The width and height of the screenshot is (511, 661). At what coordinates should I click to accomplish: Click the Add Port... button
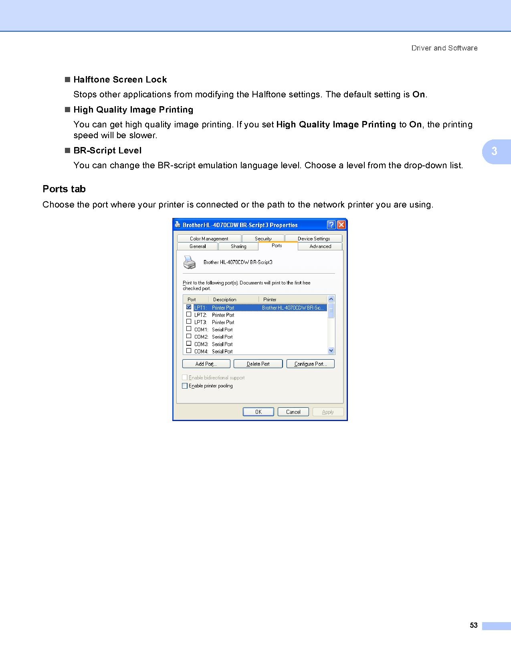click(x=206, y=364)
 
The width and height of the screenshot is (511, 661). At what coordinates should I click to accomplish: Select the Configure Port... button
click(x=310, y=364)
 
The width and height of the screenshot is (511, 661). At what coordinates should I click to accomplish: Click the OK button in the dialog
click(x=258, y=412)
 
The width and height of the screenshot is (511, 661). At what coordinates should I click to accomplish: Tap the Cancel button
click(x=293, y=412)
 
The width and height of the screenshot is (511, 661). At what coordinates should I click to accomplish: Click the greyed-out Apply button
click(x=327, y=412)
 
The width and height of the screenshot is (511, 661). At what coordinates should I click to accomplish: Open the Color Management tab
click(x=209, y=238)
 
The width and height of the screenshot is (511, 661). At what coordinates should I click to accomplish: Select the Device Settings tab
click(x=313, y=238)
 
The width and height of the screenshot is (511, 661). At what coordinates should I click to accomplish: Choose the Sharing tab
click(x=238, y=246)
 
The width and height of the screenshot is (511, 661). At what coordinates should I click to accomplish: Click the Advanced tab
click(x=320, y=246)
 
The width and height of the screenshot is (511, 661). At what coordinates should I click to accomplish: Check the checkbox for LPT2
click(x=189, y=314)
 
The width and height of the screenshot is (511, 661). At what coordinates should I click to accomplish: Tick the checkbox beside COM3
click(x=189, y=343)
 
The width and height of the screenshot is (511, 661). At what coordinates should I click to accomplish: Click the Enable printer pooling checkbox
click(x=185, y=386)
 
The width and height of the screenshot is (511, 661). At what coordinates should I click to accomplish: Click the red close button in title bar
click(x=341, y=225)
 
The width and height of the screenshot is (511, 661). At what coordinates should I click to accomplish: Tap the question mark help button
click(x=331, y=225)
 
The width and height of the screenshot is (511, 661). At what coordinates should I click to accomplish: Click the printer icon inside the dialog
click(x=190, y=262)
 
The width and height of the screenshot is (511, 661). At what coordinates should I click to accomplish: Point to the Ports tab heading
click(x=64, y=189)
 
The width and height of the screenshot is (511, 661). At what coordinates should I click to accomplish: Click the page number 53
click(x=474, y=625)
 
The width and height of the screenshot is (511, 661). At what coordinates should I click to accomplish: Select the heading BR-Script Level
click(x=107, y=151)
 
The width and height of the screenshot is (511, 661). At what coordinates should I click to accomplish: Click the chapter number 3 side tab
click(x=495, y=151)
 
